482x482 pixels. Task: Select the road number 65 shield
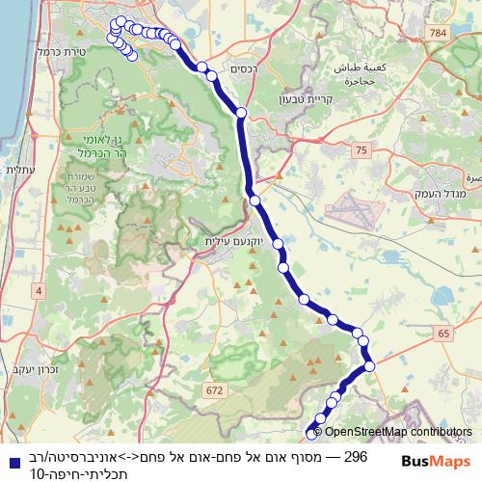click(x=442, y=333)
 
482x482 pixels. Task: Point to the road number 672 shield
click(x=213, y=388)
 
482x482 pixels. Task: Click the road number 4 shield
click(x=39, y=290)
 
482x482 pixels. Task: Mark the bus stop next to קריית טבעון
click(x=242, y=113)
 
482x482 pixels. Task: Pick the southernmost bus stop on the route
click(x=311, y=434)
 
